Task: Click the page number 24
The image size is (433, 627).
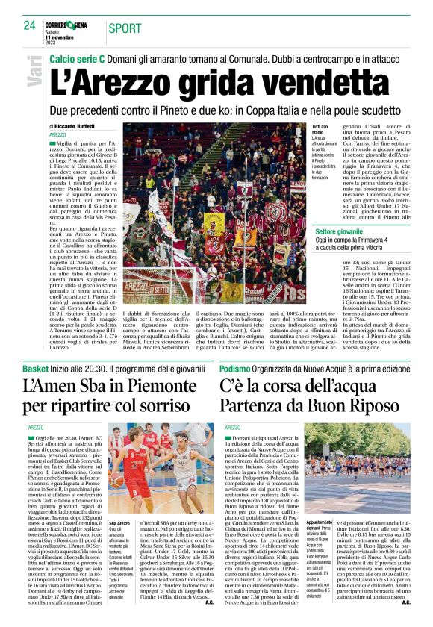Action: (30, 25)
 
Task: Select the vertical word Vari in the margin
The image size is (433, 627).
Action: (34, 73)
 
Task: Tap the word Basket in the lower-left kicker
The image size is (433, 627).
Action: (36, 369)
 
